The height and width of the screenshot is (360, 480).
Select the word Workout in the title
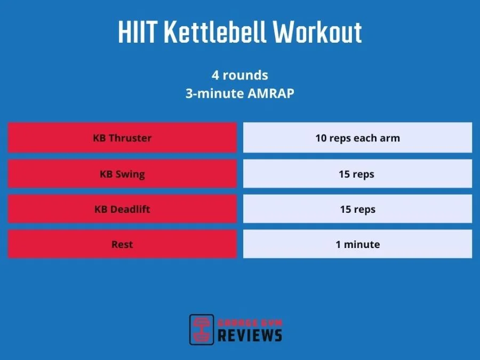click(318, 33)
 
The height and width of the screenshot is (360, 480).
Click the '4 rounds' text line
click(239, 75)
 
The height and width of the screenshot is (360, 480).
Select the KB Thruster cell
click(122, 138)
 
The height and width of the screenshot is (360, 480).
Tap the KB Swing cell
click(122, 174)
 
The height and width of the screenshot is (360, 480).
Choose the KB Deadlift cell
click(122, 209)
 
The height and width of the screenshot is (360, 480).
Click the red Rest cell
click(122, 244)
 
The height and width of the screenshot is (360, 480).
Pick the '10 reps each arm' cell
click(357, 138)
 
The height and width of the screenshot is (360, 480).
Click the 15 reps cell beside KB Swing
click(357, 174)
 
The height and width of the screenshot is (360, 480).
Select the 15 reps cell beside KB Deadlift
click(357, 209)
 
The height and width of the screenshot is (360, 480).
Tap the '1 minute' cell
click(357, 244)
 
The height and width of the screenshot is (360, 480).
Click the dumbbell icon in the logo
click(202, 329)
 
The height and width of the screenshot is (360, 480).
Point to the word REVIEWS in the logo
click(249, 335)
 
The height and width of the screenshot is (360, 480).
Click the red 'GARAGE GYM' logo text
click(249, 322)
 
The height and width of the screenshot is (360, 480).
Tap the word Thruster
click(130, 138)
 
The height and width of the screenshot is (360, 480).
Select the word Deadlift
click(130, 209)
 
